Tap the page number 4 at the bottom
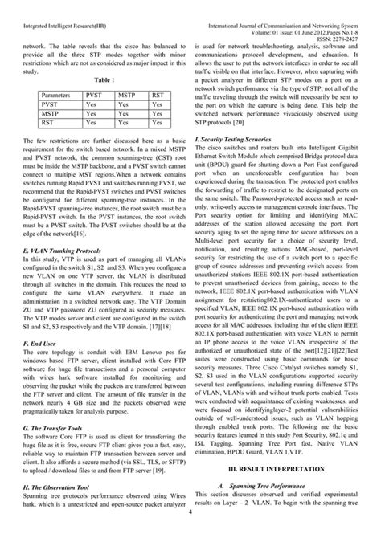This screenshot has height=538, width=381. point(190,532)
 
